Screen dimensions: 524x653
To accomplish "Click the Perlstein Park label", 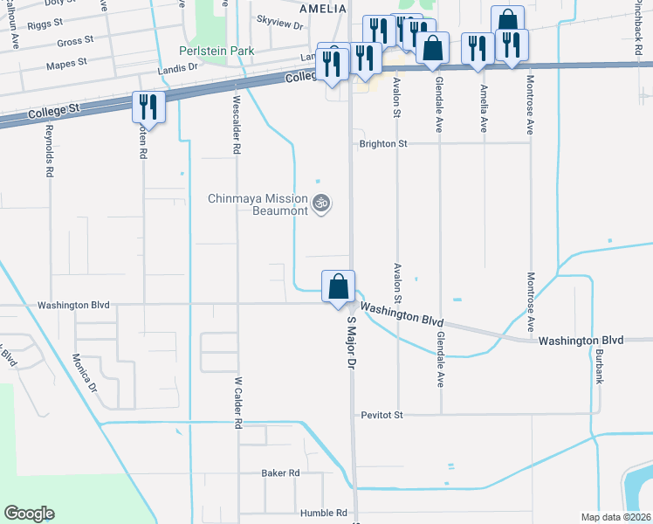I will [x=217, y=51].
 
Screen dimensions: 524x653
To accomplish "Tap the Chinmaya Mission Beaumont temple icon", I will [x=321, y=203].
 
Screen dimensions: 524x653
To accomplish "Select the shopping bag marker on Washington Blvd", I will [x=338, y=286].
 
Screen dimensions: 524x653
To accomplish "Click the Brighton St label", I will [x=384, y=143].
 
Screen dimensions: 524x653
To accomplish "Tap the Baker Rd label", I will [x=280, y=472].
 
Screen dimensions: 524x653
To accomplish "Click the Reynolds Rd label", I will [x=49, y=150].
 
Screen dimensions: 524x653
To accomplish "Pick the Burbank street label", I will [x=600, y=366].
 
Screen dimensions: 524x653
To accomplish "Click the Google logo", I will [x=29, y=514].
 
